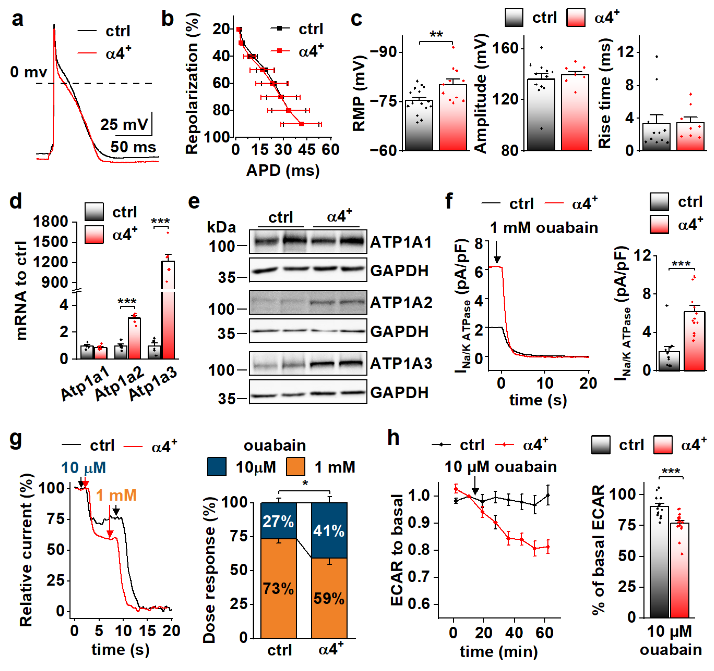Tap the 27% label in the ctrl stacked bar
click(x=278, y=521)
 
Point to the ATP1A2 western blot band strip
click(x=308, y=302)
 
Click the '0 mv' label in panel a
click(x=28, y=72)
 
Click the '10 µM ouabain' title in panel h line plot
click(x=501, y=467)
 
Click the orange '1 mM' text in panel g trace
click(x=116, y=495)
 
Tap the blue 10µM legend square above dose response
click(x=217, y=467)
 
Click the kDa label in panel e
click(x=222, y=227)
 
